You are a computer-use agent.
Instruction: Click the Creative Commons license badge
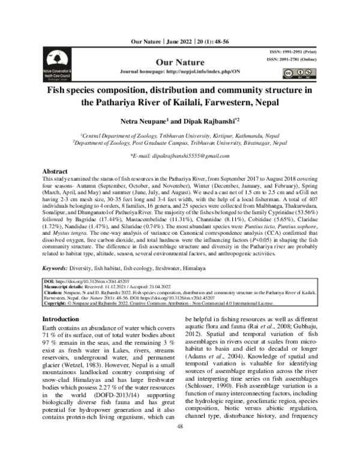click(291, 73)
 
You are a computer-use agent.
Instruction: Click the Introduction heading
click(63, 319)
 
